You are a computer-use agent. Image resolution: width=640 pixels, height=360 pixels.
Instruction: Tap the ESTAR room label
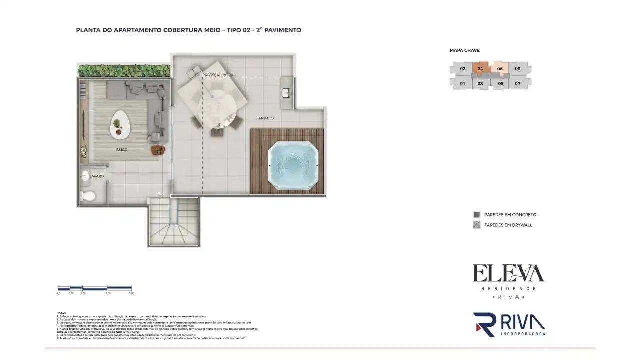click(121, 150)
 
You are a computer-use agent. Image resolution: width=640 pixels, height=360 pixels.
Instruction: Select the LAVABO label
click(97, 176)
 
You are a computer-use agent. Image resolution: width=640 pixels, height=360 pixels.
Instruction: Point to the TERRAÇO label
click(265, 118)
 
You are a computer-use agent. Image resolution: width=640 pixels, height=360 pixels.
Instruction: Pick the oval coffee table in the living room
click(119, 125)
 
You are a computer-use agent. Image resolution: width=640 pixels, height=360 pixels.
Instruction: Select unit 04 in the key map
click(480, 69)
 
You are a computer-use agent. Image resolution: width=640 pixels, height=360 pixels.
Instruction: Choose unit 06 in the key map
click(500, 69)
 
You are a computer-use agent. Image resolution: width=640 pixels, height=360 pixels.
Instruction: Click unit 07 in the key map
click(518, 84)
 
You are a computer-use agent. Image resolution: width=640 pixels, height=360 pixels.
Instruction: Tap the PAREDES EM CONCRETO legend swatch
click(477, 215)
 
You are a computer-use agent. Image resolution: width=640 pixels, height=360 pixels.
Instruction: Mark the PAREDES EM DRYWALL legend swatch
click(477, 225)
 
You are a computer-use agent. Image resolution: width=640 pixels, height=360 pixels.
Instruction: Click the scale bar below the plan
click(95, 288)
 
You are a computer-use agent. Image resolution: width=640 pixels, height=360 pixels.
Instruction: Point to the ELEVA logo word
click(508, 274)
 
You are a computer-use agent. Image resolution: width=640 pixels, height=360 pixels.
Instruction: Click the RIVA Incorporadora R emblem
click(484, 324)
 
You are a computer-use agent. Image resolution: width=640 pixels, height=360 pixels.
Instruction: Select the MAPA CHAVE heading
click(465, 50)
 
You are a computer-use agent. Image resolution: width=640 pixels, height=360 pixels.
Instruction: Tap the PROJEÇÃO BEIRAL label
click(219, 75)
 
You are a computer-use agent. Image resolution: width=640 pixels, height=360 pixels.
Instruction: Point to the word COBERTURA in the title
click(183, 30)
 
